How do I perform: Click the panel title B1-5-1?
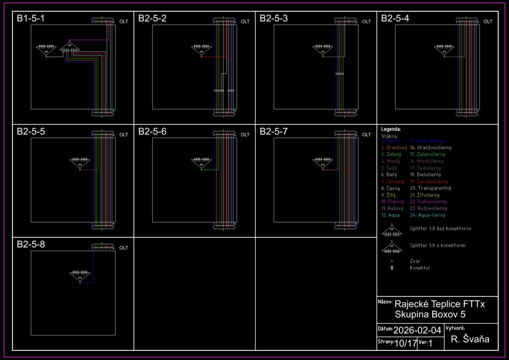click(x=31, y=18)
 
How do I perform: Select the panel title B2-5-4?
click(x=395, y=18)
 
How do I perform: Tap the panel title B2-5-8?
click(x=31, y=244)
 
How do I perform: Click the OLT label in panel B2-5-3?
click(x=366, y=22)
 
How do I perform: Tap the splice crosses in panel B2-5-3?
click(x=340, y=74)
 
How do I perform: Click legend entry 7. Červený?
click(x=393, y=182)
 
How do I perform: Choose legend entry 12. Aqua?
click(x=390, y=215)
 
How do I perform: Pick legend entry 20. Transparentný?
click(x=431, y=188)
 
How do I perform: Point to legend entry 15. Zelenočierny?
click(x=427, y=154)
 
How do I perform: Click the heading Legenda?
click(x=391, y=129)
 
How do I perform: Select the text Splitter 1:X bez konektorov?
click(x=441, y=228)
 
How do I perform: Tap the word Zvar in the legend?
click(x=415, y=261)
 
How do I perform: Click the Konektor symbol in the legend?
click(x=392, y=268)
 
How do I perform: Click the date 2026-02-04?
click(x=417, y=330)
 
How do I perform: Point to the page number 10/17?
click(x=406, y=343)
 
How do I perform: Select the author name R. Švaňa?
click(x=470, y=339)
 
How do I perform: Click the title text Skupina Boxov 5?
click(x=430, y=314)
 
